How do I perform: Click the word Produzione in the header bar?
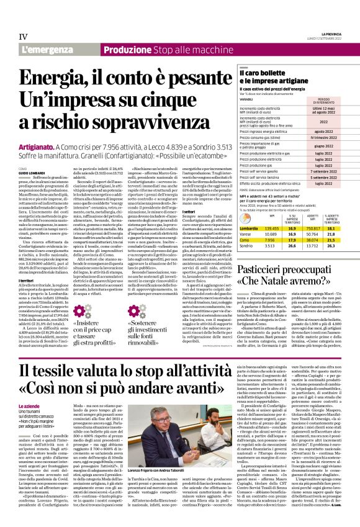tap(127, 49)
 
